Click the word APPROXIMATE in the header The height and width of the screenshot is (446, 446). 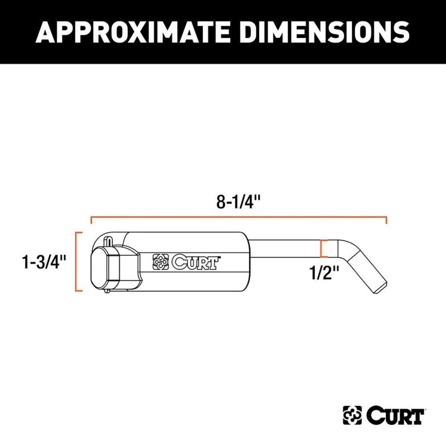click(130, 32)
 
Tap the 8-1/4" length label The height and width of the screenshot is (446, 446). click(239, 202)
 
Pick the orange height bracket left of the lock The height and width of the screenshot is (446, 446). click(79, 261)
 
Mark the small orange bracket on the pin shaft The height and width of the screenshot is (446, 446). click(322, 249)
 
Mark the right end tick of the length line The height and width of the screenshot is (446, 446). click(387, 220)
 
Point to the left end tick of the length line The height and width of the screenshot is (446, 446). click(91, 220)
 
